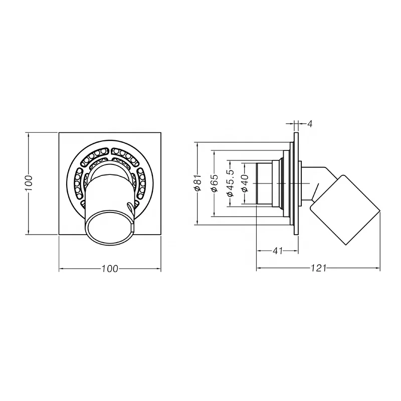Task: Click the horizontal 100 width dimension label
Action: coord(109,269)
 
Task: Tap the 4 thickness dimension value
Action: coord(310,123)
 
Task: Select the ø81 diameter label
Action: coord(197,184)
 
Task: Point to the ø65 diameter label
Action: coord(214,184)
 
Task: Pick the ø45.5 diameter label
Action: coord(230,183)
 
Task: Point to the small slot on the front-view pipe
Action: coord(131,206)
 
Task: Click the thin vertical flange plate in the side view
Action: coord(296,183)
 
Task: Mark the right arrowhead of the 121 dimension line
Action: coord(379,269)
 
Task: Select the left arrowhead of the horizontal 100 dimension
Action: coord(61,269)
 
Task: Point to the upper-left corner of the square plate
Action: coord(59,133)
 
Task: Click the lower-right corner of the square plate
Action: coord(161,235)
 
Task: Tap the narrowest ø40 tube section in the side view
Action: coord(264,183)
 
